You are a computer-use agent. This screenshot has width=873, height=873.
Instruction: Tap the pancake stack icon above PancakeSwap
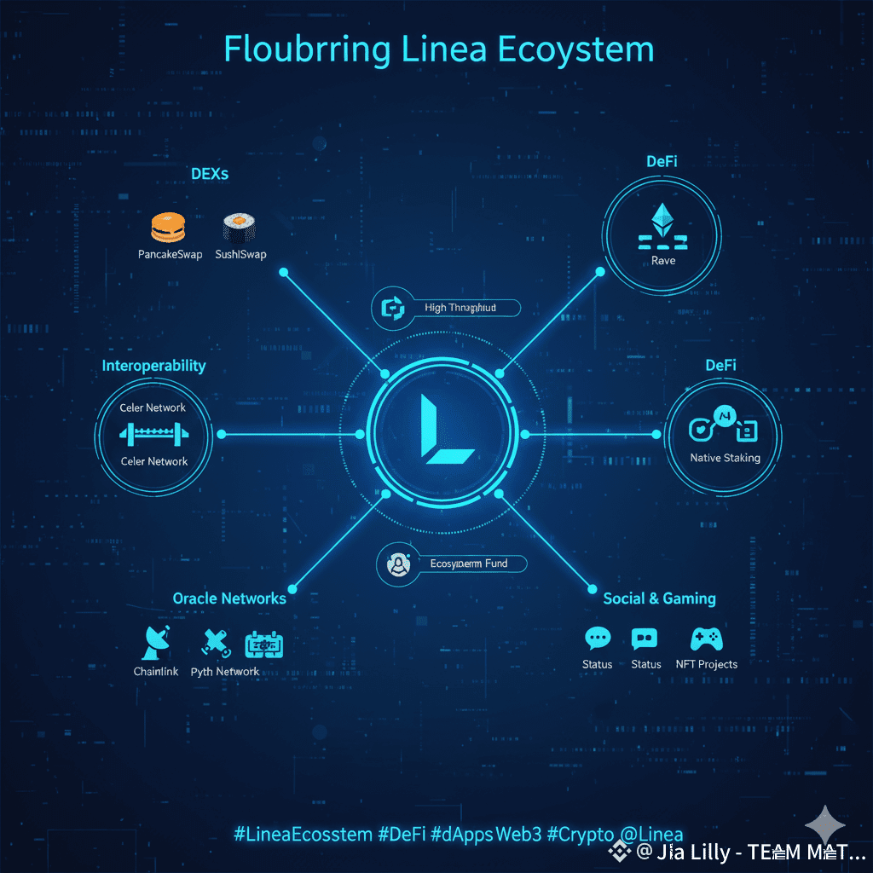click(x=168, y=226)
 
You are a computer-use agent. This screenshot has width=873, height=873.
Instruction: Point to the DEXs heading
click(x=210, y=174)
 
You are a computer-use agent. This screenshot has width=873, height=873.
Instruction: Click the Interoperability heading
click(x=153, y=366)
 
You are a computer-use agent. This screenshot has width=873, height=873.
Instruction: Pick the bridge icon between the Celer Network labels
click(x=153, y=434)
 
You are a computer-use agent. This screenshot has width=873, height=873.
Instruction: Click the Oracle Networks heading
click(x=229, y=598)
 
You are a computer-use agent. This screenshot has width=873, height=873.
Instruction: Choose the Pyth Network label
click(x=225, y=672)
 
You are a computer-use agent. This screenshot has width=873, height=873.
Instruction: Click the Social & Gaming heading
click(x=659, y=598)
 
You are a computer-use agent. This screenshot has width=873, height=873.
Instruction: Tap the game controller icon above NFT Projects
click(x=706, y=639)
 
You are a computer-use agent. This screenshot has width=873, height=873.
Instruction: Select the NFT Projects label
click(x=706, y=664)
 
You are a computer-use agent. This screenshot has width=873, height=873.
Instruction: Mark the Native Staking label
click(x=725, y=458)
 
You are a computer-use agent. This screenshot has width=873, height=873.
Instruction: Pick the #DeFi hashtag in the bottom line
click(x=401, y=835)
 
